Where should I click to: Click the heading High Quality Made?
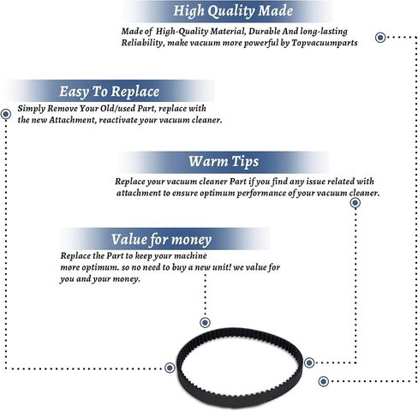click(x=233, y=11)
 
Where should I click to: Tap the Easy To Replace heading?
click(x=109, y=92)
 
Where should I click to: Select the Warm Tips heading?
click(x=224, y=162)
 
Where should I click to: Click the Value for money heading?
click(x=161, y=240)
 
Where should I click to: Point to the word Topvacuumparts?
click(x=325, y=43)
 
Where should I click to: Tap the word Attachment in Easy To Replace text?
click(x=72, y=120)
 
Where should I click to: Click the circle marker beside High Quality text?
click(x=380, y=37)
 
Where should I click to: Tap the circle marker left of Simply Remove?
click(x=6, y=114)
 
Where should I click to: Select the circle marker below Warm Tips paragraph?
click(x=355, y=203)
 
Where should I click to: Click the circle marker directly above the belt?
click(x=205, y=323)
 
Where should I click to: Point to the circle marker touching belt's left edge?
click(x=170, y=367)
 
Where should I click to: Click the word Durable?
click(x=264, y=32)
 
